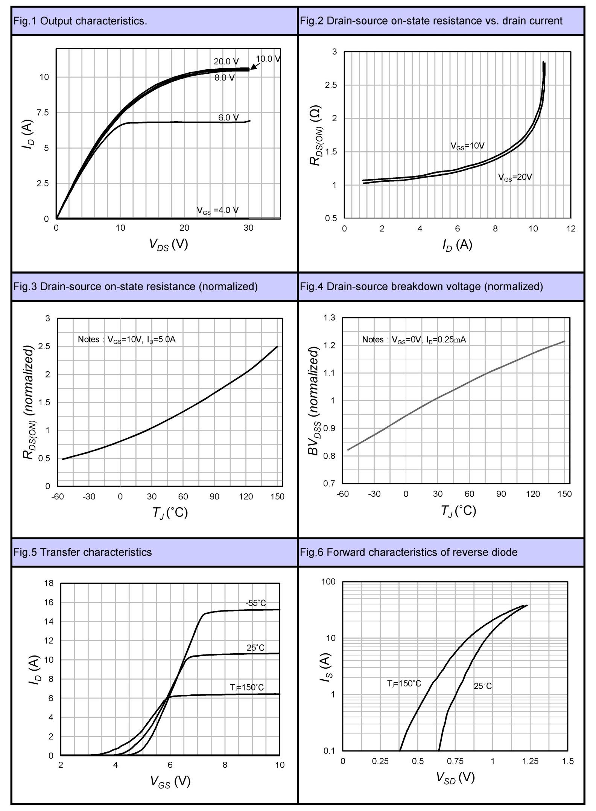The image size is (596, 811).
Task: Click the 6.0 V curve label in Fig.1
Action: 228,117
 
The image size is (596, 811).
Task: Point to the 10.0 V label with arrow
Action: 268,59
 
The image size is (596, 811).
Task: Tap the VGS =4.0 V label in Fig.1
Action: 217,210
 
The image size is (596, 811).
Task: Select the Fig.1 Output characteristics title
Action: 80,21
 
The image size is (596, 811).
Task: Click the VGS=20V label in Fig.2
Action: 515,177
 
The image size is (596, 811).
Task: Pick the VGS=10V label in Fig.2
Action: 467,146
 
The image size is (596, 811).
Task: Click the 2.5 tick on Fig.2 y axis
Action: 331,85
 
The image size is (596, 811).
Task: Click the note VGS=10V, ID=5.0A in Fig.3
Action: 126,339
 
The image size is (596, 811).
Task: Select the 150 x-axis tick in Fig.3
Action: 277,497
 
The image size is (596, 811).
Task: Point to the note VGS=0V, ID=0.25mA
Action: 414,340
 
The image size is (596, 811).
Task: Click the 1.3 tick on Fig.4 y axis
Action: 329,318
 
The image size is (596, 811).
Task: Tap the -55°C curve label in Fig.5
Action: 255,603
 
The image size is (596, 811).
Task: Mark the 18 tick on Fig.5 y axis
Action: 49,583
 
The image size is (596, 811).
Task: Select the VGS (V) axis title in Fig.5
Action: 170,782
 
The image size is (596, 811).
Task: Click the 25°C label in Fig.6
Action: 482,686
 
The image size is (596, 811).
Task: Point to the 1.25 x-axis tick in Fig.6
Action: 530,761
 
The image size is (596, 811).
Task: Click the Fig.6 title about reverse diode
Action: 409,552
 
